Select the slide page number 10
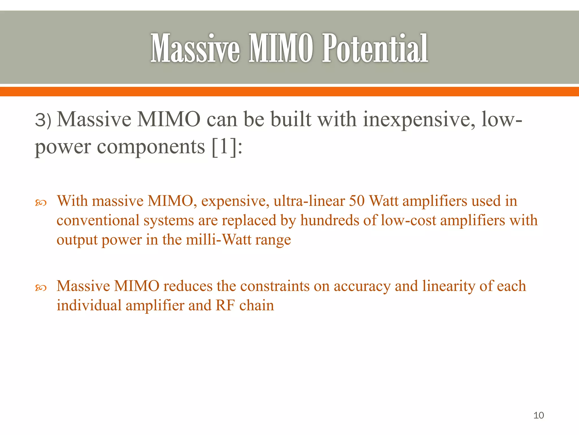539,415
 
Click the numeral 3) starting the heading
43,120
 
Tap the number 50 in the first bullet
357,201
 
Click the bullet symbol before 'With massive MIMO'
40,202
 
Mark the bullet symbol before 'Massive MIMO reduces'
40,288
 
